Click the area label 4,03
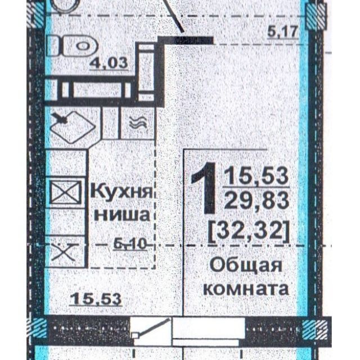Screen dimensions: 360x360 tap(109, 62)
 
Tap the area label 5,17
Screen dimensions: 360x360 tap(283, 31)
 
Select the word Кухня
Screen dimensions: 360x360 tap(121, 192)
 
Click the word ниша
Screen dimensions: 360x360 tap(123, 214)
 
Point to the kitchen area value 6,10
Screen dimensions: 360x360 tap(130, 244)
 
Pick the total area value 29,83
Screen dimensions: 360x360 tap(256, 200)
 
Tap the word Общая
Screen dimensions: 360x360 tap(246, 265)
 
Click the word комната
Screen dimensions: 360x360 tap(246, 288)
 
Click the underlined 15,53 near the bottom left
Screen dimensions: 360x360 tap(96, 299)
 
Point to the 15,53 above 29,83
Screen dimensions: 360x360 tap(256, 176)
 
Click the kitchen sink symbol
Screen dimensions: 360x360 tap(72, 128)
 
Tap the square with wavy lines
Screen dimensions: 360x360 tap(137, 123)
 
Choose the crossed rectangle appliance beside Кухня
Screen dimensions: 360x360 tap(65, 192)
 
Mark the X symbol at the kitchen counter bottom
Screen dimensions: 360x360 tap(64, 252)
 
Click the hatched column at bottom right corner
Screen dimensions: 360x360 tap(314, 330)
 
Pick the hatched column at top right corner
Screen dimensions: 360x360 tap(316, 16)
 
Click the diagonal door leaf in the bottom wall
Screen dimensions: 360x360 tap(151, 327)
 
